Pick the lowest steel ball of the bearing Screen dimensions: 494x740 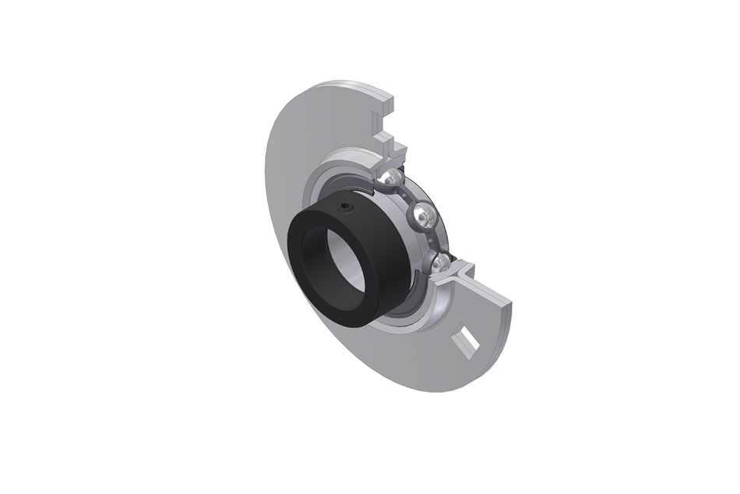[442, 262]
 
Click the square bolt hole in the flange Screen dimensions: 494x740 [470, 343]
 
